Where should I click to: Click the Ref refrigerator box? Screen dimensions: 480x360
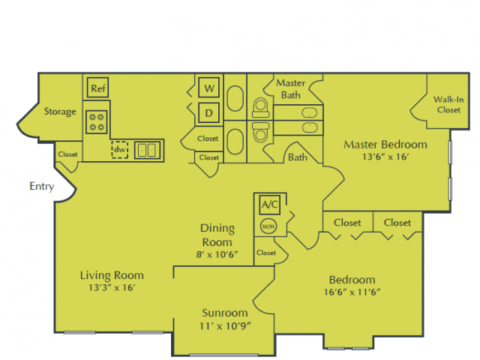(98, 88)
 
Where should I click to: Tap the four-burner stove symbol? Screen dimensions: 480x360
(97, 122)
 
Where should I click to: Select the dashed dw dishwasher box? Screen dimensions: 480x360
(120, 150)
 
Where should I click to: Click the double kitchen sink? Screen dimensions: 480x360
(147, 150)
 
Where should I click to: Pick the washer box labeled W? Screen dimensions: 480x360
(209, 88)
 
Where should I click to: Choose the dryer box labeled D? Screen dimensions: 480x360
(209, 113)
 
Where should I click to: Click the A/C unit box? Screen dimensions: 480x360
(270, 204)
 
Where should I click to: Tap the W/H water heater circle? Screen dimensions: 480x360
(268, 226)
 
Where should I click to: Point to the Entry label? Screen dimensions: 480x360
(42, 186)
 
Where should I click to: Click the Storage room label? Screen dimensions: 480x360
(60, 112)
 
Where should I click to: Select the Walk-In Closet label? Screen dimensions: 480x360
(448, 105)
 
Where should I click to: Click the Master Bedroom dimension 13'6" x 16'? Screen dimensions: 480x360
(385, 157)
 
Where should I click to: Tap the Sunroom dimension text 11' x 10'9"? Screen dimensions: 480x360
(225, 326)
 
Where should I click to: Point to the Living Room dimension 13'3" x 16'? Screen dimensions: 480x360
(112, 287)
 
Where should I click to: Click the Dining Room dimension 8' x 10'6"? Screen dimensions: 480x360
(217, 254)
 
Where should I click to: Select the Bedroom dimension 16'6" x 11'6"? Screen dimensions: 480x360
(352, 292)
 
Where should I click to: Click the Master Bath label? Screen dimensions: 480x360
(291, 88)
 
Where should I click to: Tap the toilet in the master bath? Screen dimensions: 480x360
(260, 107)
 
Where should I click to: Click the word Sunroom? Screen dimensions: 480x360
(225, 313)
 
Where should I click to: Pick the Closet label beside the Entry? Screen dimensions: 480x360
(67, 154)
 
